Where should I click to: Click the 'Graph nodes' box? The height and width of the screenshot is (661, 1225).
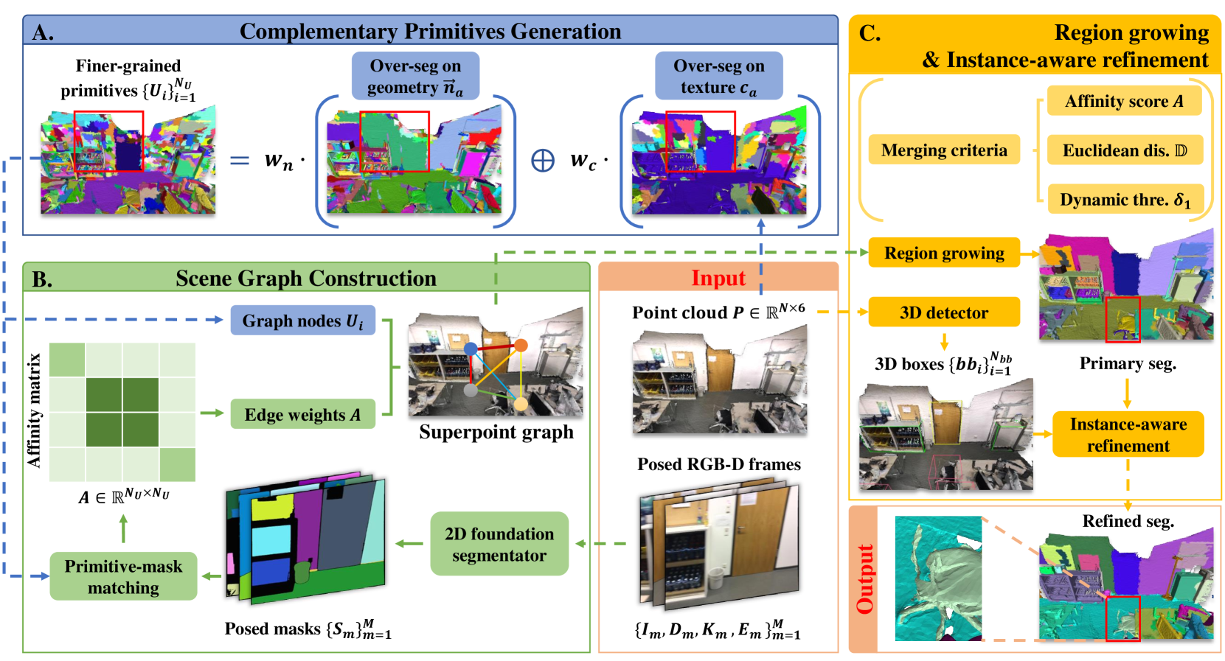tap(302, 321)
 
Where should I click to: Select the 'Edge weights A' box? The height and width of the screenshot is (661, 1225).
tap(302, 415)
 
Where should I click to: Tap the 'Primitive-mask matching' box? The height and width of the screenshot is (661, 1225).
tap(123, 576)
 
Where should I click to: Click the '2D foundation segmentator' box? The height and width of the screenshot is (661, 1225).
tap(499, 544)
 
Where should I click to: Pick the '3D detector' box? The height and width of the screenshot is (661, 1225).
tap(943, 312)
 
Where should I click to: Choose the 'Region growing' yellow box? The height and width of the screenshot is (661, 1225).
tap(943, 253)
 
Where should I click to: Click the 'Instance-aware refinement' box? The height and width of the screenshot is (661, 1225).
tap(1128, 435)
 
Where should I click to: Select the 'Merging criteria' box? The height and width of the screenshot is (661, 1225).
tap(943, 150)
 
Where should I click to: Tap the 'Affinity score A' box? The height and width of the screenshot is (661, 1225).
tap(1124, 102)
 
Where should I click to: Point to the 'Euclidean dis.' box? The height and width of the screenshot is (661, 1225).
tap(1124, 150)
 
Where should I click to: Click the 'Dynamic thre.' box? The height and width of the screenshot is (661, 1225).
tap(1124, 200)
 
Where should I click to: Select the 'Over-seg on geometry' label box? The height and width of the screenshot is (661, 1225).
tap(415, 76)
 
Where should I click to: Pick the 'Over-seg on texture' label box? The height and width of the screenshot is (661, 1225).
tap(718, 76)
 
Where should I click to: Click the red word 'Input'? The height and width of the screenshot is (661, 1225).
tap(718, 278)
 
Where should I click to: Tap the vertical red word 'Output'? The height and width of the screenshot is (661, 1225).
tap(864, 579)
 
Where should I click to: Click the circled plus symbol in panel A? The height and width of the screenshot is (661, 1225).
tap(543, 161)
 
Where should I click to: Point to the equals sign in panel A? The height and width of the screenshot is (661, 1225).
tap(240, 160)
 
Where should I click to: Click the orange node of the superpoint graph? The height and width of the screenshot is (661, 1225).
tap(521, 345)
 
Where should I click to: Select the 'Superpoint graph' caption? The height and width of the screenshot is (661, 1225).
tap(496, 432)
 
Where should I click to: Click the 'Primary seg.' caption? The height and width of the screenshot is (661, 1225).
tap(1127, 363)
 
